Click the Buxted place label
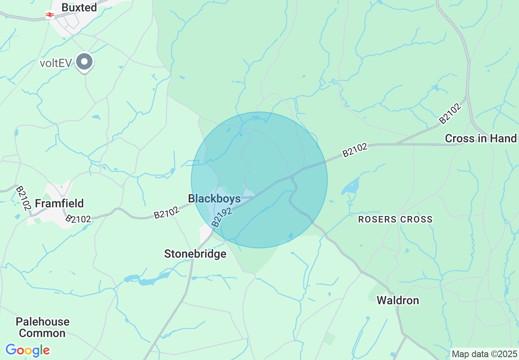pyautogui.click(x=79, y=7)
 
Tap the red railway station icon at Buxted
pyautogui.click(x=50, y=15)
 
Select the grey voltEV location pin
pyautogui.click(x=85, y=62)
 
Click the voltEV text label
pyautogui.click(x=56, y=63)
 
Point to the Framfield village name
pyautogui.click(x=59, y=203)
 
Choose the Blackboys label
pyautogui.click(x=214, y=198)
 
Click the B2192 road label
pyautogui.click(x=222, y=217)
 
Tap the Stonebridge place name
pyautogui.click(x=195, y=254)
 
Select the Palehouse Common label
pyautogui.click(x=43, y=327)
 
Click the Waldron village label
pyautogui.click(x=398, y=301)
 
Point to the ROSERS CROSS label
pyautogui.click(x=395, y=220)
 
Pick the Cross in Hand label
pyautogui.click(x=481, y=139)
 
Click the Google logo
pyautogui.click(x=27, y=350)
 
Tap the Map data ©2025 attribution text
pyautogui.click(x=484, y=353)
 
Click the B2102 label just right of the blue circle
pyautogui.click(x=355, y=150)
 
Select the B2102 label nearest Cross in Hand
pyautogui.click(x=450, y=114)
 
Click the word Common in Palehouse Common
pyautogui.click(x=42, y=333)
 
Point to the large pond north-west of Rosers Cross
pyautogui.click(x=350, y=186)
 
